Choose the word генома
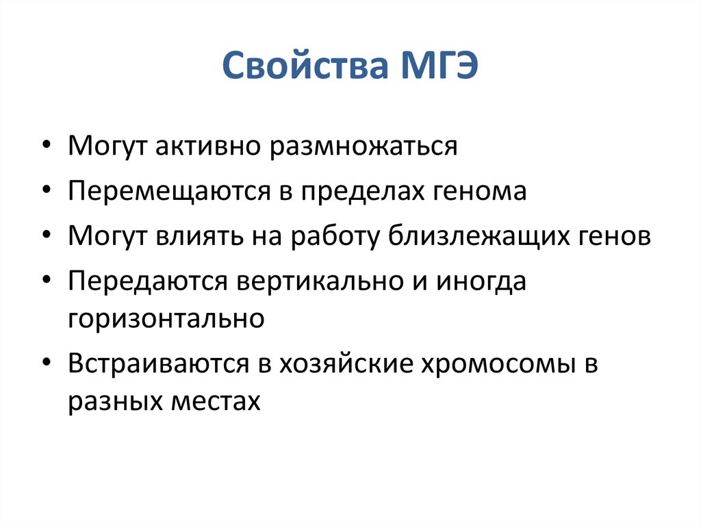[481, 191]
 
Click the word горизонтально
[166, 318]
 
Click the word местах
[218, 400]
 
